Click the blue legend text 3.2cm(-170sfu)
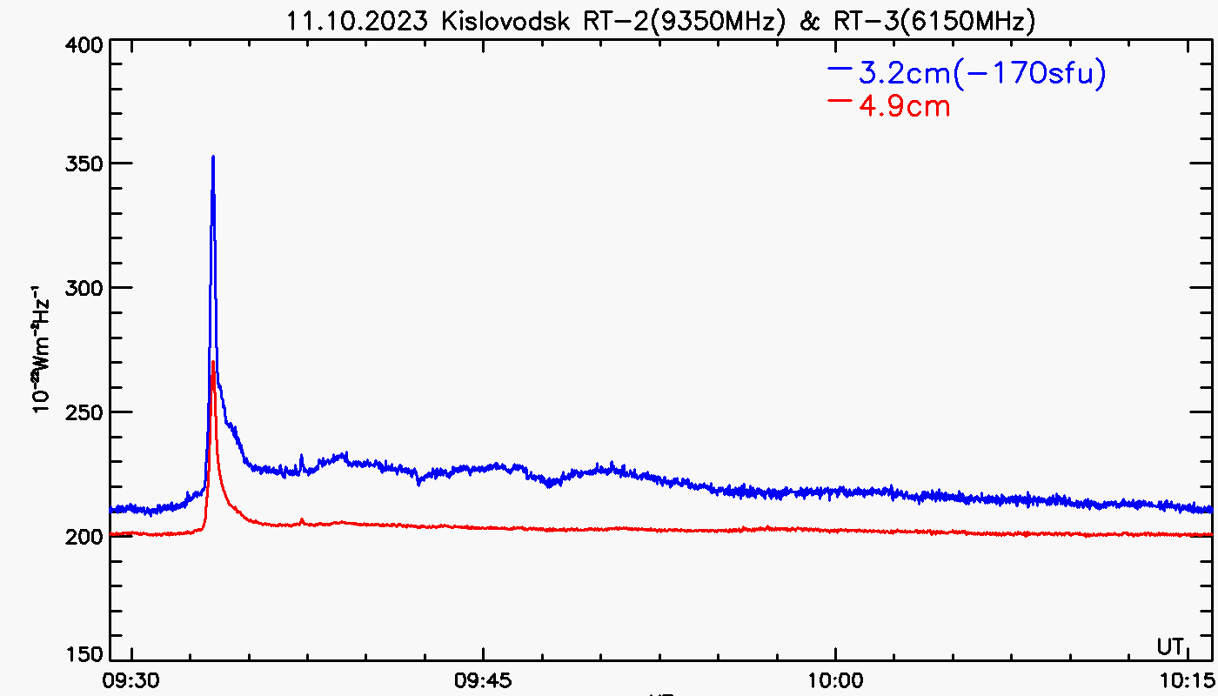982,75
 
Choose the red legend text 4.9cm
904,107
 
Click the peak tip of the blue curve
212,157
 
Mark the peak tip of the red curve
213,362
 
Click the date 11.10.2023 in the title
358,21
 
